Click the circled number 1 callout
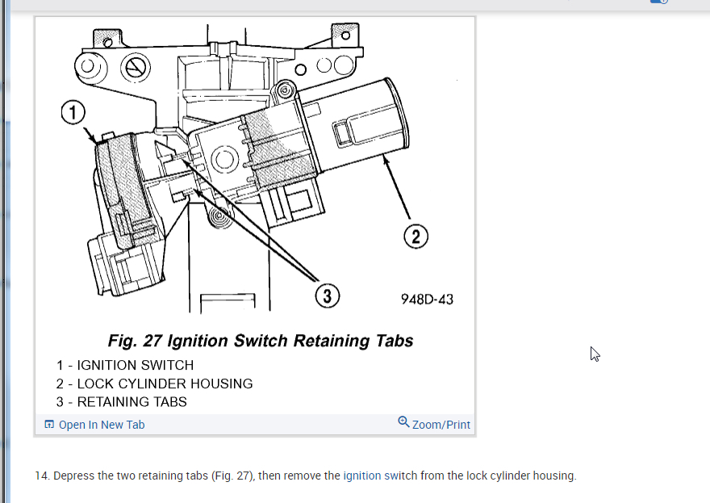coord(73,113)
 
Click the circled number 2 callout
coord(415,237)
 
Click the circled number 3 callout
coord(327,296)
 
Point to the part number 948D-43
coord(427,300)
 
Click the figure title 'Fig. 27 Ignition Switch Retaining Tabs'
coord(261,341)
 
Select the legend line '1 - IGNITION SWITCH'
coord(125,366)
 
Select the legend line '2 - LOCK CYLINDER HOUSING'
coord(154,384)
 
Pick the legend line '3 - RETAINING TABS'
coord(121,401)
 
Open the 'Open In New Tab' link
coord(102,425)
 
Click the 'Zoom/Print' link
coord(441,425)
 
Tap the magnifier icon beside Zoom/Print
coord(403,422)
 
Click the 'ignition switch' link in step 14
coord(380,476)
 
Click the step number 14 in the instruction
coord(41,476)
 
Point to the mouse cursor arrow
coord(595,354)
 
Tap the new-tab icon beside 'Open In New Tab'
coord(49,425)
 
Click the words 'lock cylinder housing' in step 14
coord(513,476)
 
